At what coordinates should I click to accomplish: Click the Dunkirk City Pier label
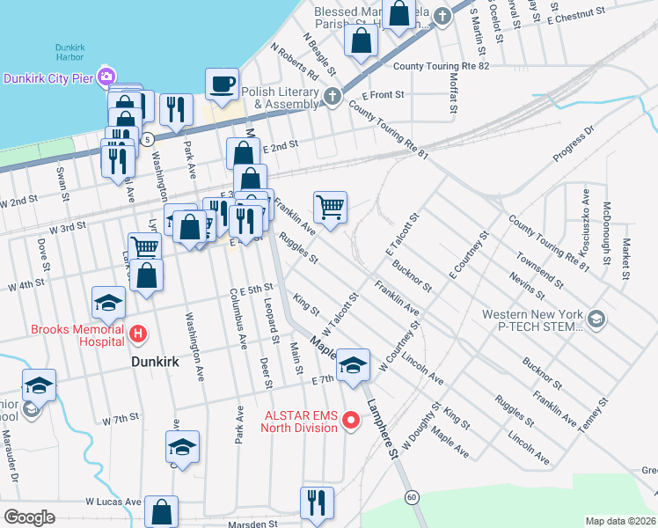point(49,77)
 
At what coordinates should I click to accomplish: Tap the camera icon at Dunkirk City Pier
point(107,77)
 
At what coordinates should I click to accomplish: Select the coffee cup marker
point(221,84)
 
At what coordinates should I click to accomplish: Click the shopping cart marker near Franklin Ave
point(330,208)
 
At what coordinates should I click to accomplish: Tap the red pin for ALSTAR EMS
point(351,421)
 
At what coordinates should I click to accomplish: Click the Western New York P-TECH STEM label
point(532,320)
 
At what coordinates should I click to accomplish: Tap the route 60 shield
point(412,497)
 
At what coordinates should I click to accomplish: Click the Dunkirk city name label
point(155,361)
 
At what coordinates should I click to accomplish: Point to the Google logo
point(28,517)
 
